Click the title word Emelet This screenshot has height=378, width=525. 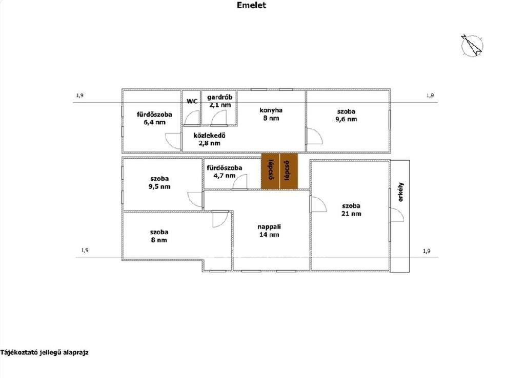point(251,5)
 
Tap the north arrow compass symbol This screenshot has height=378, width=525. point(472,45)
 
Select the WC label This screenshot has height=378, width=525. point(192,101)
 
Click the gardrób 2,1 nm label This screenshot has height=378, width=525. point(219,101)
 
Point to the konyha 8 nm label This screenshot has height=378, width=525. point(271,114)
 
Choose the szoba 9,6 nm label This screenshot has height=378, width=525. point(346,115)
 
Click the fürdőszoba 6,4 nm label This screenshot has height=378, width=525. point(154,118)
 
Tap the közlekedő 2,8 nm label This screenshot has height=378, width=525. point(209,139)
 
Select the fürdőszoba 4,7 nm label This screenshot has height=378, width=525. point(225,172)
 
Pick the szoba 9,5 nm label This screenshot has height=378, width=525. point(159,182)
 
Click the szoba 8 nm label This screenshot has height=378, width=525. point(159,236)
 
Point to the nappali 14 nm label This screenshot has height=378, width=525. point(269,231)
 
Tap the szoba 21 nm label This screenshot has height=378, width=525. point(351,210)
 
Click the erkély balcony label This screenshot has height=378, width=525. point(401,192)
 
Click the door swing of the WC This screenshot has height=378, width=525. point(192,118)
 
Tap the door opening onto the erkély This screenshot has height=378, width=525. point(396,215)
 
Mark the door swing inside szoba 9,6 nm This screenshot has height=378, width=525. point(315,136)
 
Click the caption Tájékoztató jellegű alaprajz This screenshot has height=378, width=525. point(45,352)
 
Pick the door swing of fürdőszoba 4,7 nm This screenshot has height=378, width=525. point(240,182)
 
